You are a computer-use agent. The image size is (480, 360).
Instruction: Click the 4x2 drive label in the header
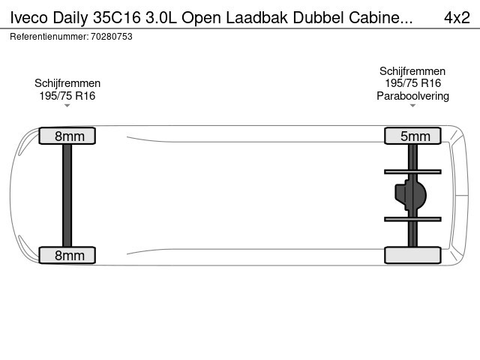(457, 18)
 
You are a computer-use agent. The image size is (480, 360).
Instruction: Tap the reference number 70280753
(112, 37)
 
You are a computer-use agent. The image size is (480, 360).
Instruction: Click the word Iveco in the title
(29, 18)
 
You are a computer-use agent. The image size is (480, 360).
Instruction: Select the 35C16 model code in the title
(117, 18)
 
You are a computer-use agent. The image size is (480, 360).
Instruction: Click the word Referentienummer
(49, 37)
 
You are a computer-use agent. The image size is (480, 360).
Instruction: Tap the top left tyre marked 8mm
(67, 136)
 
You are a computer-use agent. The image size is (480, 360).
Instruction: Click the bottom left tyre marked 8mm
(67, 255)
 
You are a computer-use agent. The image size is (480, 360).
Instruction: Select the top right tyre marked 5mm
(412, 136)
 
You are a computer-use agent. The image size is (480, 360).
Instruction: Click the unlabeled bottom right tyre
(412, 255)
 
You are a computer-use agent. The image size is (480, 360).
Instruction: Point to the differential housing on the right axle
(410, 195)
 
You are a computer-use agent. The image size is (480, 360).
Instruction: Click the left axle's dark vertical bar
(67, 195)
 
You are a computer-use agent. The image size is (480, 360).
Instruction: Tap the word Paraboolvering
(412, 96)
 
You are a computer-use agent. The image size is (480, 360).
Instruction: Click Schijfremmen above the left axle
(67, 83)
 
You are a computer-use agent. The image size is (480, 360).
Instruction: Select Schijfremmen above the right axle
(412, 71)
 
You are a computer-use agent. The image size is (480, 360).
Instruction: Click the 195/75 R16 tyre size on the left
(67, 96)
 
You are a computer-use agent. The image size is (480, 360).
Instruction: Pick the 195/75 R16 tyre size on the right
(413, 83)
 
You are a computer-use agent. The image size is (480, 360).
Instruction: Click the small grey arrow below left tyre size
(67, 106)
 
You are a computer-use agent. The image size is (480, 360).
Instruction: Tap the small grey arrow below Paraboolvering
(412, 106)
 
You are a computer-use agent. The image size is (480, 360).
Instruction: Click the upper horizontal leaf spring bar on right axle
(412, 172)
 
